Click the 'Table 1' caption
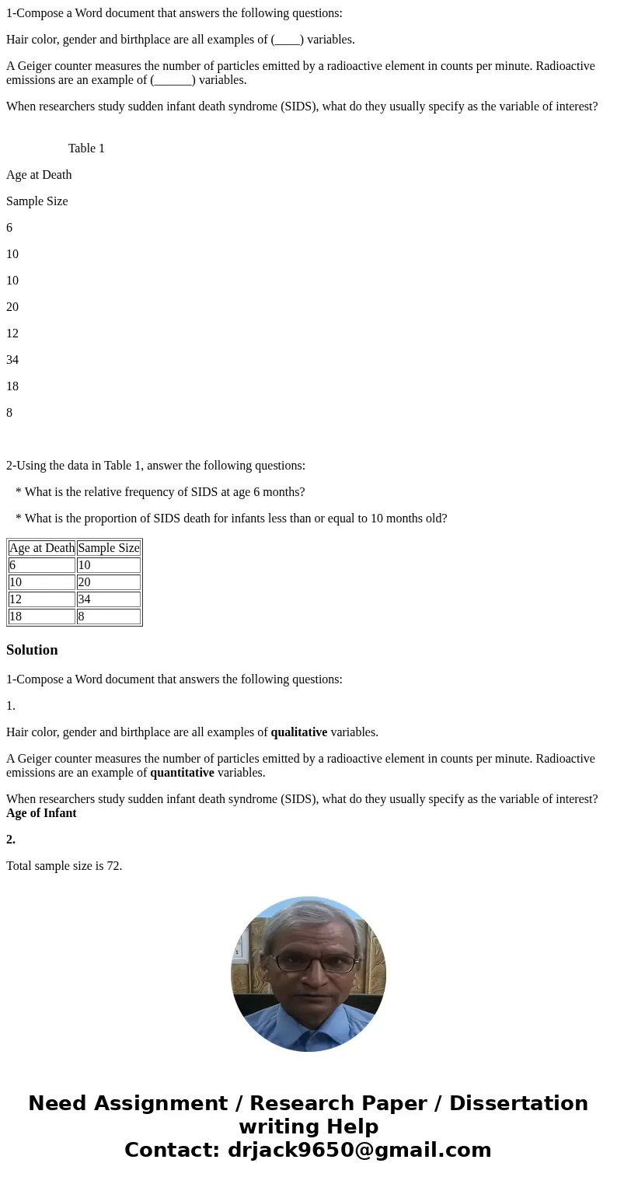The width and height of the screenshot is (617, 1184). point(86,148)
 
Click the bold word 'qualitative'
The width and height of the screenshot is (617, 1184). point(298,732)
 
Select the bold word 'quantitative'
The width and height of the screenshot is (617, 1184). point(182,773)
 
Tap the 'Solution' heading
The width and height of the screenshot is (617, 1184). point(32,650)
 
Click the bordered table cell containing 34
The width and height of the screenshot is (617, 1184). point(108,599)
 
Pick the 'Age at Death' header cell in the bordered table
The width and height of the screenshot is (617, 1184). point(42,548)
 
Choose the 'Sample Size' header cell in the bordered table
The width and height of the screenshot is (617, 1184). point(108,548)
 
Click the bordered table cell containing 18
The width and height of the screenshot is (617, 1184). point(42,616)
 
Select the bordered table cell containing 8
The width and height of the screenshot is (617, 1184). point(108,616)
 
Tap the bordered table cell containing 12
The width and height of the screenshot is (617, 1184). point(42,599)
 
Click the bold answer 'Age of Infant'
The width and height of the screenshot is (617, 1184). point(41,813)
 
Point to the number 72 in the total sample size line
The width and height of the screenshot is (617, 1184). point(113,866)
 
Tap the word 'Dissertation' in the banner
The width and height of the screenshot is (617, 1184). point(518,1103)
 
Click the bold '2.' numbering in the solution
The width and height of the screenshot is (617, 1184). point(11,840)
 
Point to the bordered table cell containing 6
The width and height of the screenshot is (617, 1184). point(42,565)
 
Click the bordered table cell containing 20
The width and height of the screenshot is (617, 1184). point(108,582)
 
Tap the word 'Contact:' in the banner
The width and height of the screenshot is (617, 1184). point(172,1150)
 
